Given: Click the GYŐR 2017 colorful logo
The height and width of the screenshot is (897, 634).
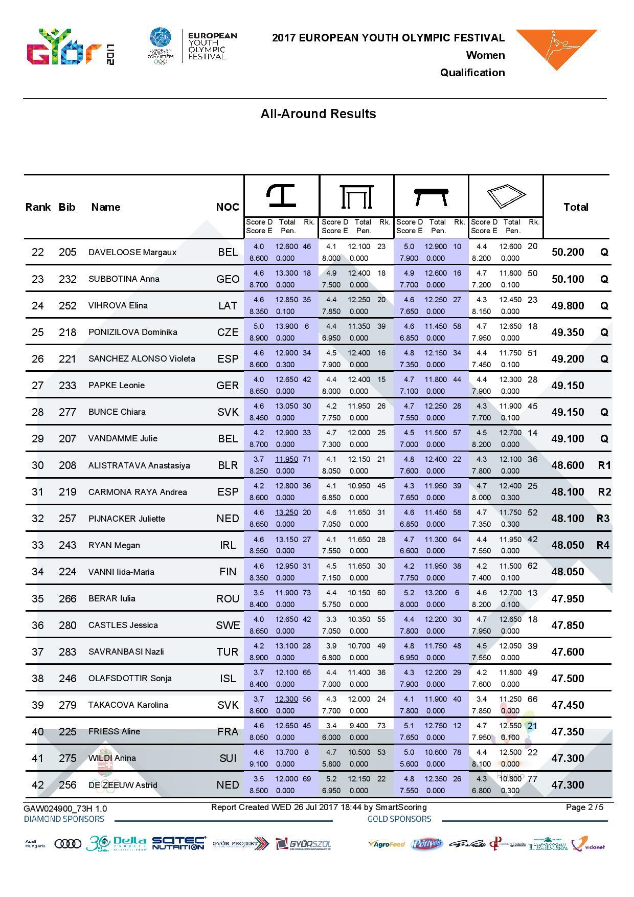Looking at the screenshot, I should pyautogui.click(x=71, y=48).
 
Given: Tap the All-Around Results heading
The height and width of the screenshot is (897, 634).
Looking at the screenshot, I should pyautogui.click(x=318, y=114).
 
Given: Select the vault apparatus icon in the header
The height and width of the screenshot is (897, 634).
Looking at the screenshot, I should pyautogui.click(x=282, y=196).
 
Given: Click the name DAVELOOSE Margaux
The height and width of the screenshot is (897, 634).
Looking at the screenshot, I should pyautogui.click(x=132, y=252).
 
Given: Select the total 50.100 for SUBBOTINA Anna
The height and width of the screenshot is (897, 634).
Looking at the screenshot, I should pyautogui.click(x=568, y=279).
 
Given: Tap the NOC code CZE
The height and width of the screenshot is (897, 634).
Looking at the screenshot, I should pyautogui.click(x=228, y=332).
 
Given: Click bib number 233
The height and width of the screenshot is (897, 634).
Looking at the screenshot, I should pyautogui.click(x=67, y=386).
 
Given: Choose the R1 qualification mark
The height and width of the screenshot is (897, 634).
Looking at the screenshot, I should pyautogui.click(x=604, y=465).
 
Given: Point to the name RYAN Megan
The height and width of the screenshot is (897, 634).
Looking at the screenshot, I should pyautogui.click(x=114, y=545).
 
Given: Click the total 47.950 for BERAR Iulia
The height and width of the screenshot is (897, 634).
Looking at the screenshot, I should pyautogui.click(x=568, y=599).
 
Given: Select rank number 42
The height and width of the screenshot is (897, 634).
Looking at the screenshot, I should pyautogui.click(x=38, y=785).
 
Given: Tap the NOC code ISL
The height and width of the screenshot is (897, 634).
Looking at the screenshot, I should pyautogui.click(x=228, y=679).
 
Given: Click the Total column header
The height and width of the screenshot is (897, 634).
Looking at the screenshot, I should pyautogui.click(x=576, y=207).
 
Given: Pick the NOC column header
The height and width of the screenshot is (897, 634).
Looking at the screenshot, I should pyautogui.click(x=228, y=207).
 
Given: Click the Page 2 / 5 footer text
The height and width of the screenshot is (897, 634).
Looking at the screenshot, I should pyautogui.click(x=584, y=808).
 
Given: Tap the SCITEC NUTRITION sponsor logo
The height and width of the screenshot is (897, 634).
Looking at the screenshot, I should pyautogui.click(x=179, y=843).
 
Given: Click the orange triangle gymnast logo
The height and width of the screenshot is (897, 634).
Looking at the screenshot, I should pyautogui.click(x=556, y=49).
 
